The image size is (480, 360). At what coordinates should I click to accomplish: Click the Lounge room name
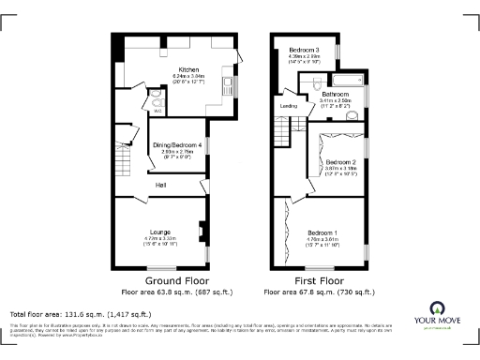(x=158, y=231)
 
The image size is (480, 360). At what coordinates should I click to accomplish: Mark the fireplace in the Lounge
(x=202, y=229)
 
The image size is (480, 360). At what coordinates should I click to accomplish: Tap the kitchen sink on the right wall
(x=230, y=89)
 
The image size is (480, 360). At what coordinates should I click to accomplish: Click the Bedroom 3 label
(x=304, y=49)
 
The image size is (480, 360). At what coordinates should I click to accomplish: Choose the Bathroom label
(x=336, y=94)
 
